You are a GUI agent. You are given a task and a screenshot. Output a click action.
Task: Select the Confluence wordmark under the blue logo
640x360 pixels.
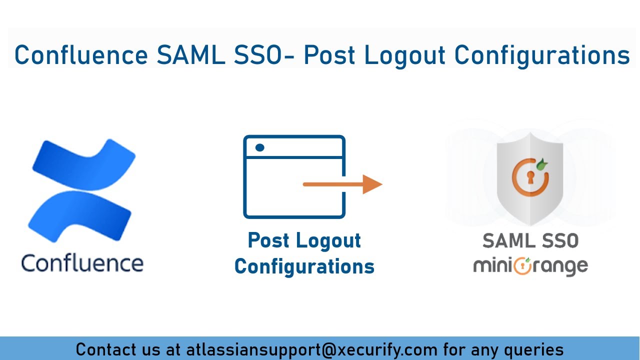(x=82, y=263)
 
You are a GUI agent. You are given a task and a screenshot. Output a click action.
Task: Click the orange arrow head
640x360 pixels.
(x=372, y=184)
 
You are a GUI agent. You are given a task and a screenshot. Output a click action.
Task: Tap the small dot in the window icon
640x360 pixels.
(x=259, y=147)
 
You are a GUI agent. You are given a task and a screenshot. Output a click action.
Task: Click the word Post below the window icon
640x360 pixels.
(x=269, y=240)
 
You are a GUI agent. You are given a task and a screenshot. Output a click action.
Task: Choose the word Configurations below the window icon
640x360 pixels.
(x=304, y=266)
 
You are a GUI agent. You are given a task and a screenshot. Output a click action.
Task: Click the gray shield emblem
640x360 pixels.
(x=530, y=182)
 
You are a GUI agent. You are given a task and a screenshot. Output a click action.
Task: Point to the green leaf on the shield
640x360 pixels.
(x=541, y=163)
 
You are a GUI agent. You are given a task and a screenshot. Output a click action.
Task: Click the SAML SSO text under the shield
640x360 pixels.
(x=530, y=241)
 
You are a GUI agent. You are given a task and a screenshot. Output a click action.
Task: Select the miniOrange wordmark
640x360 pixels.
(x=530, y=265)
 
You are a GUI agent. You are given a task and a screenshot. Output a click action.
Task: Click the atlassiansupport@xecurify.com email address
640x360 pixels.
(x=311, y=349)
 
